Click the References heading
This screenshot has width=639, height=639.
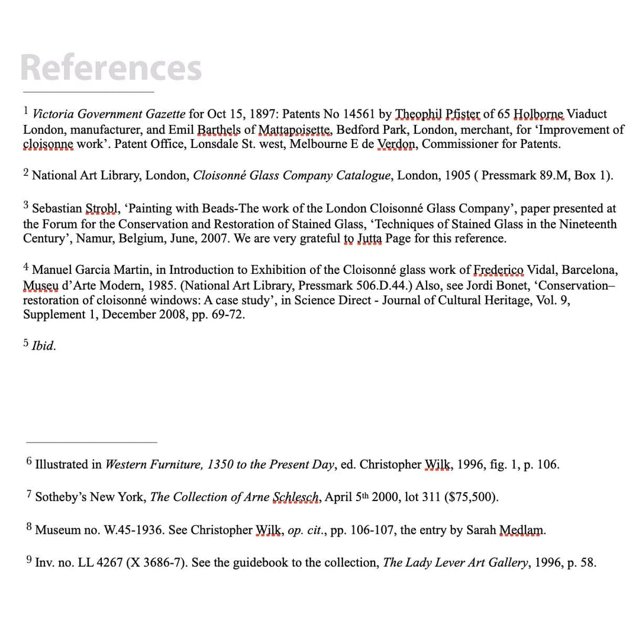point(111,67)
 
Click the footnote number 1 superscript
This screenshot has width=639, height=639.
point(26,110)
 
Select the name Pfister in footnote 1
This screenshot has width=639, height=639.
point(460,114)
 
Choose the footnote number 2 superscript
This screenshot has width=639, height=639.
point(26,172)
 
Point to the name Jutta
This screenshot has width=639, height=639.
point(370,239)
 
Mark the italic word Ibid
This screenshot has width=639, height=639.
point(43,347)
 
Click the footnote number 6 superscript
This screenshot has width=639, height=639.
point(30,461)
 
